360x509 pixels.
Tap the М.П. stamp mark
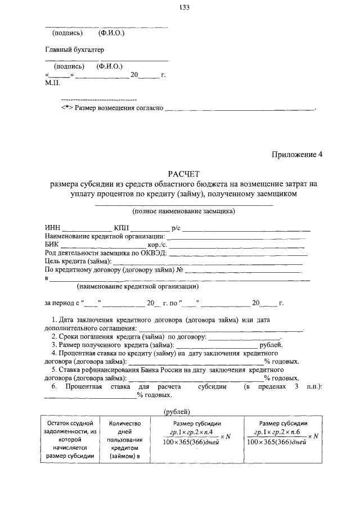pos(53,82)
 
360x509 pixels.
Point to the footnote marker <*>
pos(67,107)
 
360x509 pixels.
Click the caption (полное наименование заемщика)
pos(183,211)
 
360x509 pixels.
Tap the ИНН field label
pos(52,228)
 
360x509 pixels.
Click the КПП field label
pos(121,228)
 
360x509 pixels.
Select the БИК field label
pos(52,245)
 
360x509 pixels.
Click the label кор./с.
pos(158,245)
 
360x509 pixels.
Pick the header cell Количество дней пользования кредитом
pos(124,439)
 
